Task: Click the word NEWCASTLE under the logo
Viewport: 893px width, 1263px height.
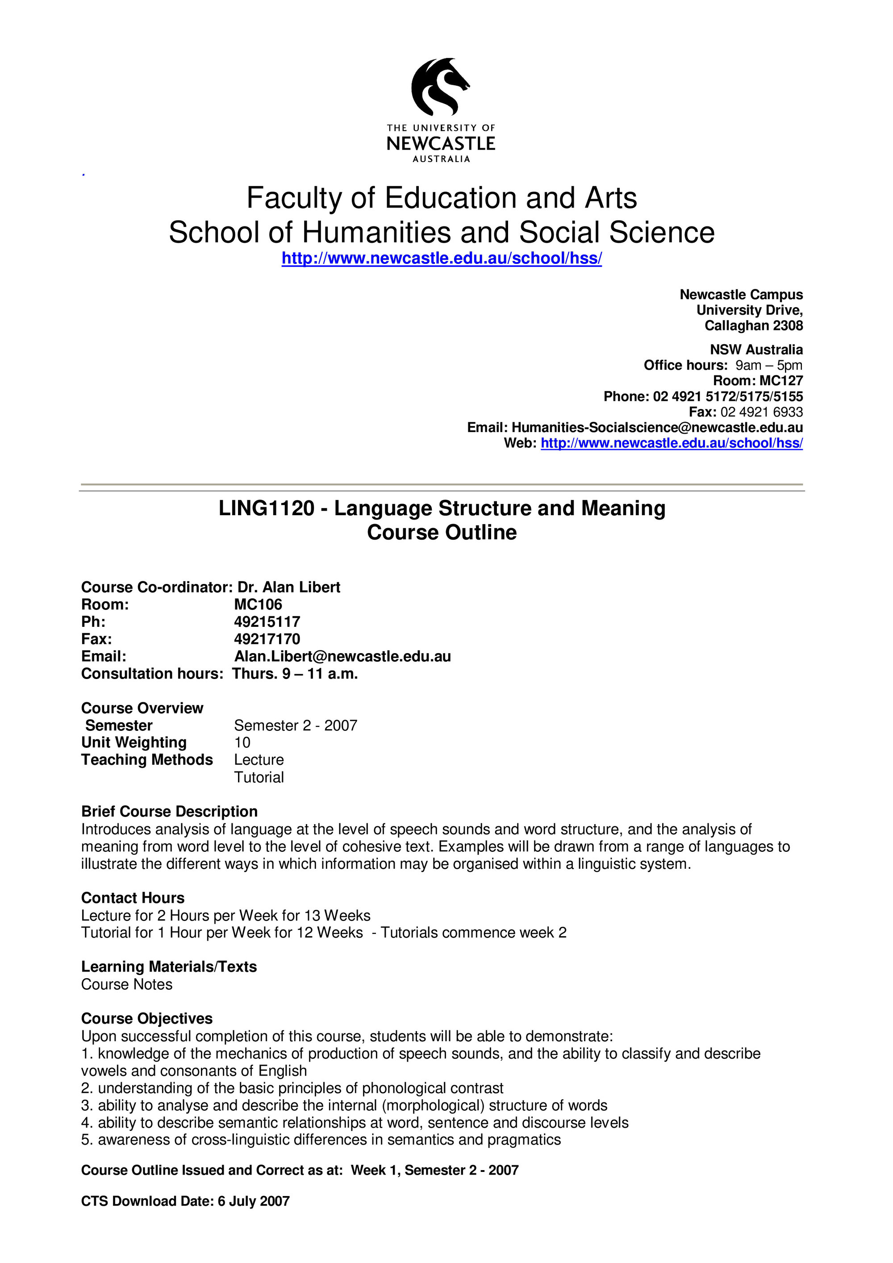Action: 441,144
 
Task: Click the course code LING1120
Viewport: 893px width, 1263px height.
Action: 266,508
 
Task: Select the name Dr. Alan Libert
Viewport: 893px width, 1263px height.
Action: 289,588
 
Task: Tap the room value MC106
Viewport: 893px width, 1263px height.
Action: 258,604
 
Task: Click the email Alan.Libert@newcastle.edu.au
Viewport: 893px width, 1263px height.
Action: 342,656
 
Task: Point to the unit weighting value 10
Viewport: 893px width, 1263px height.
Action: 242,742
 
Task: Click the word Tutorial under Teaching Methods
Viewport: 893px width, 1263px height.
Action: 259,777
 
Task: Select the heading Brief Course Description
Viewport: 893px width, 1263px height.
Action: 170,812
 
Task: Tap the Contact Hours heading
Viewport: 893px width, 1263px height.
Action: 133,898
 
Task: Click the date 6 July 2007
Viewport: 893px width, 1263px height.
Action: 254,1201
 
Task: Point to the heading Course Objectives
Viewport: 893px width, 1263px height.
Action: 147,1019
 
